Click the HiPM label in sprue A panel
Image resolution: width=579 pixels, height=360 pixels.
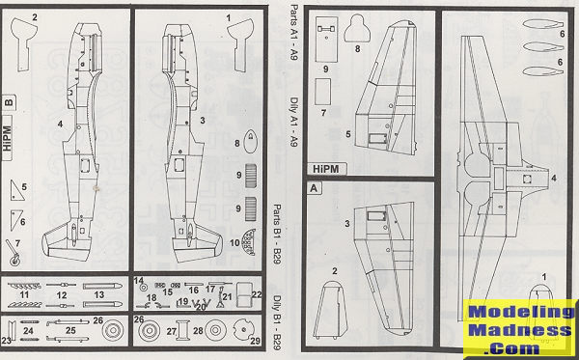click(x=326, y=169)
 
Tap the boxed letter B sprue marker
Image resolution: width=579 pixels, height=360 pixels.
click(x=9, y=102)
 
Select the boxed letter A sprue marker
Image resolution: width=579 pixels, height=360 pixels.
click(x=314, y=188)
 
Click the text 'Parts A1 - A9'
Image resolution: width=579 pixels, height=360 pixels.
click(x=293, y=33)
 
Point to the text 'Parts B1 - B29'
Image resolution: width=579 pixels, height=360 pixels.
click(x=277, y=235)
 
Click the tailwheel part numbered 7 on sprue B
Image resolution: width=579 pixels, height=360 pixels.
click(x=13, y=253)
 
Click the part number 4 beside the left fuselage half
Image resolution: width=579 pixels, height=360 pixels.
click(x=60, y=125)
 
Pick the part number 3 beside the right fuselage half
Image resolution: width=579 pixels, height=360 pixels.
click(x=202, y=121)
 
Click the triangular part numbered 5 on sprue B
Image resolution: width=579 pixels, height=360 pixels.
click(x=16, y=190)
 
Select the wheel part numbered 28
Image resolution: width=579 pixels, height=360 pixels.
click(x=215, y=330)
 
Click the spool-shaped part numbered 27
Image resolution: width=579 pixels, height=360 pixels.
click(x=182, y=330)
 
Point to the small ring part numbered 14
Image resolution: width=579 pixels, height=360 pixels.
click(x=144, y=288)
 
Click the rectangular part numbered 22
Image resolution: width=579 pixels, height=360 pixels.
click(x=244, y=294)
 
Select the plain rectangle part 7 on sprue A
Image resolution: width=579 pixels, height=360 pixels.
click(x=322, y=91)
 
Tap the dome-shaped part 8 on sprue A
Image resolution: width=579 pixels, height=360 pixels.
click(x=357, y=28)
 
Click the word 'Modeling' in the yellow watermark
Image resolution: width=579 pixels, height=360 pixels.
click(x=521, y=313)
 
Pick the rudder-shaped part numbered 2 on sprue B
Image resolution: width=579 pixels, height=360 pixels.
click(x=23, y=43)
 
